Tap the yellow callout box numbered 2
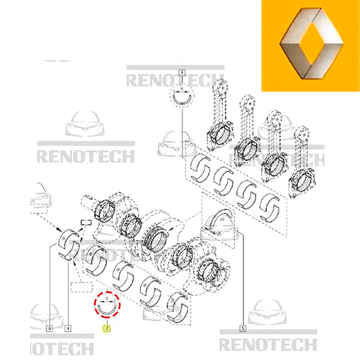pos(107,328)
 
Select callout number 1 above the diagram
pos(182,72)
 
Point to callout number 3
pos(49,328)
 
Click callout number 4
pos(69,328)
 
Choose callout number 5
pos(243,328)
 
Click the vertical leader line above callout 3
pos(49,288)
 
